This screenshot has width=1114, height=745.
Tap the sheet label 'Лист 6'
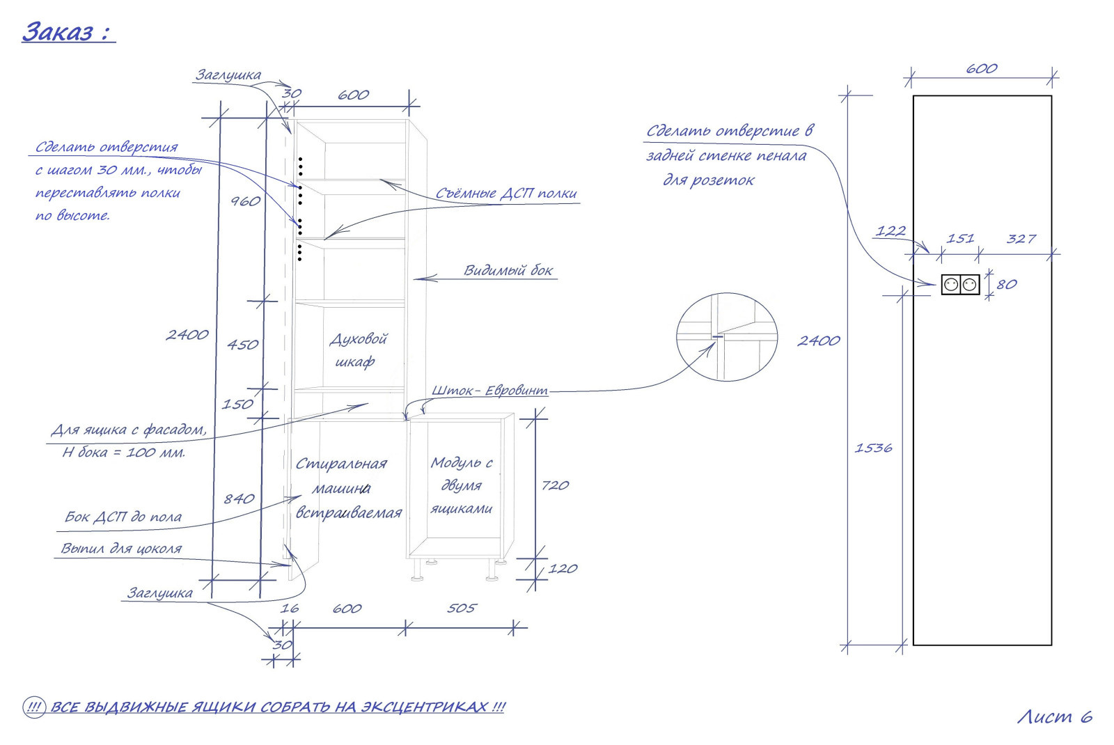[x=1055, y=716]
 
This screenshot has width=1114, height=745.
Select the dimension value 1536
[x=873, y=448]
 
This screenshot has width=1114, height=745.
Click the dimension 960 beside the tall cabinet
[x=245, y=201]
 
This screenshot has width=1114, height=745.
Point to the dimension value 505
[x=462, y=609]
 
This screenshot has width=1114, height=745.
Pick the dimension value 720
[x=555, y=485]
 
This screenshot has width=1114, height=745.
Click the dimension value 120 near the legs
[x=563, y=568]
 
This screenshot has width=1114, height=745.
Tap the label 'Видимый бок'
[x=508, y=270]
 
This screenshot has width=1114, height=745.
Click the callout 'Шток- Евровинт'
[x=489, y=391]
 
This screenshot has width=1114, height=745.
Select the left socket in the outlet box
[x=951, y=285]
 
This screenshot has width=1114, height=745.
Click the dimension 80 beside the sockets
[x=1007, y=285]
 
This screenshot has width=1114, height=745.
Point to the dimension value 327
[x=1021, y=240]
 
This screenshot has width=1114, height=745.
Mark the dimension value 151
[x=960, y=239]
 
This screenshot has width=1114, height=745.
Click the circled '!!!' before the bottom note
[x=34, y=707]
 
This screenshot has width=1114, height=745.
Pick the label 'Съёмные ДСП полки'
[x=506, y=193]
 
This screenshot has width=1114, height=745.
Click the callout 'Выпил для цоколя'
[x=121, y=549]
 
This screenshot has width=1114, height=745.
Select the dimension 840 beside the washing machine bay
[x=239, y=499]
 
